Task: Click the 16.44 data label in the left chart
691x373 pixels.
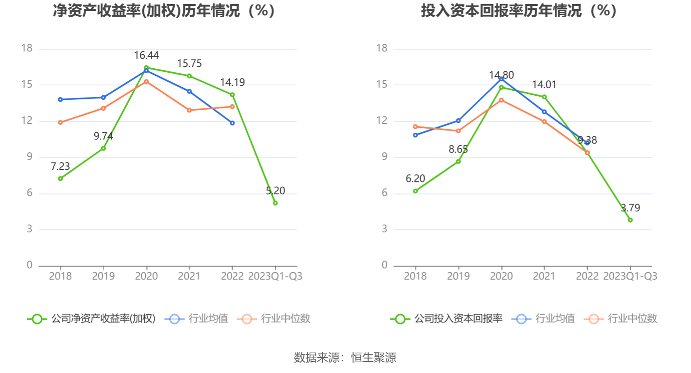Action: (146, 56)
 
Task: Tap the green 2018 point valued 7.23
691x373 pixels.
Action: (60, 178)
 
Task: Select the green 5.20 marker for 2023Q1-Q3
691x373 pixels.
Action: (275, 203)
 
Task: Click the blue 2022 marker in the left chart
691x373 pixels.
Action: (232, 123)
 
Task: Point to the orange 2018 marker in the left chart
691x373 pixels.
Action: (60, 122)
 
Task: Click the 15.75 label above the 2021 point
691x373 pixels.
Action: (189, 64)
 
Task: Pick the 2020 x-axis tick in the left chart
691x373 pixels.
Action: (146, 276)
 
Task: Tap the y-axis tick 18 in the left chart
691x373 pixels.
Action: (27, 48)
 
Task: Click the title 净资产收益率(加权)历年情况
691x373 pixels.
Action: (164, 11)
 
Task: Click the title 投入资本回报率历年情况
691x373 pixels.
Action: (519, 11)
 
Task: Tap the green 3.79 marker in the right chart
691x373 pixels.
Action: (630, 220)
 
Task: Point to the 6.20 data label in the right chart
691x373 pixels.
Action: (415, 179)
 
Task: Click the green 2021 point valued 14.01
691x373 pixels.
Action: (544, 97)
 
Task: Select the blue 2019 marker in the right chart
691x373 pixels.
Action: (459, 121)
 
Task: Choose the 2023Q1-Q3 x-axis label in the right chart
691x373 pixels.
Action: (630, 276)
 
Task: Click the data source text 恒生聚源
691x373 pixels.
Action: (374, 358)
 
